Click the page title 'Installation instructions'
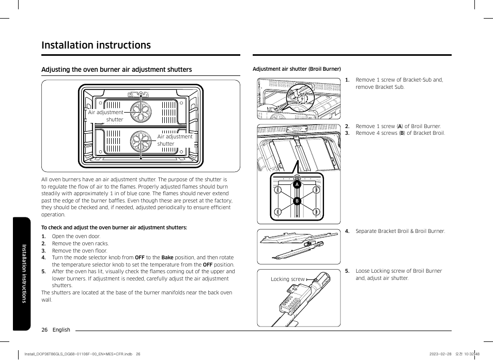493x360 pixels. click(96, 45)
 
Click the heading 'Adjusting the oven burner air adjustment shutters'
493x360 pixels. click(116, 70)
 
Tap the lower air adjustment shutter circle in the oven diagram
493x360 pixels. click(140, 142)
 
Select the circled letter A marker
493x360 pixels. click(297, 184)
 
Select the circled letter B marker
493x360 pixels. click(297, 201)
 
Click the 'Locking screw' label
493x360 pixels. click(287, 279)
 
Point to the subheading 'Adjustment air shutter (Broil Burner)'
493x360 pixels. click(297, 69)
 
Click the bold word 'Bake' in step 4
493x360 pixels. click(167, 258)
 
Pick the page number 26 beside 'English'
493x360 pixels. click(44, 330)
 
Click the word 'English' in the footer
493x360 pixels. click(61, 330)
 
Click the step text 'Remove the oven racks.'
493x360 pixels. click(80, 244)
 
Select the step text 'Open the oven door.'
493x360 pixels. click(76, 237)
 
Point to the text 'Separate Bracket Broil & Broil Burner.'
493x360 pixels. click(400, 231)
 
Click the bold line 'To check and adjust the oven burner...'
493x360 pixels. click(114, 227)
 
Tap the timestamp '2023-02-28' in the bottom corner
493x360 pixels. click(440, 354)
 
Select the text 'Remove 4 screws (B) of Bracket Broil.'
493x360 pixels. click(400, 133)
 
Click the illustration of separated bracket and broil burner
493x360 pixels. click(299, 246)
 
